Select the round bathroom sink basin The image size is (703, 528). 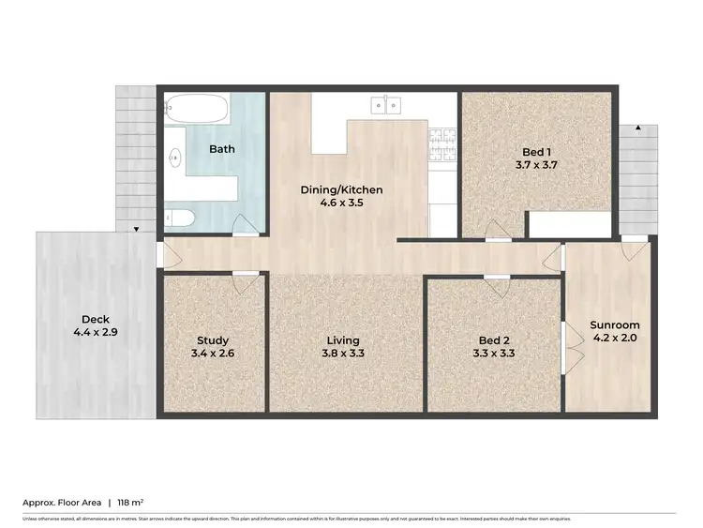[x=175, y=158]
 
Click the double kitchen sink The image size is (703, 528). [x=385, y=104]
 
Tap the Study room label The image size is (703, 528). [x=213, y=340]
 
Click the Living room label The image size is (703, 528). [x=343, y=340]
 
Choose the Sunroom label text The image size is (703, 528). [x=615, y=325]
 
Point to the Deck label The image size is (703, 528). [x=95, y=318]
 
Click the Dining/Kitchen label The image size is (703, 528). [x=341, y=189]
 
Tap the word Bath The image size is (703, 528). [x=222, y=148]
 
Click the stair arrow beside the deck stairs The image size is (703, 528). [x=137, y=229]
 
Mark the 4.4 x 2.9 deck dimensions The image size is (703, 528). [x=95, y=332]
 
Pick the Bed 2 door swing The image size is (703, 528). [x=496, y=287]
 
